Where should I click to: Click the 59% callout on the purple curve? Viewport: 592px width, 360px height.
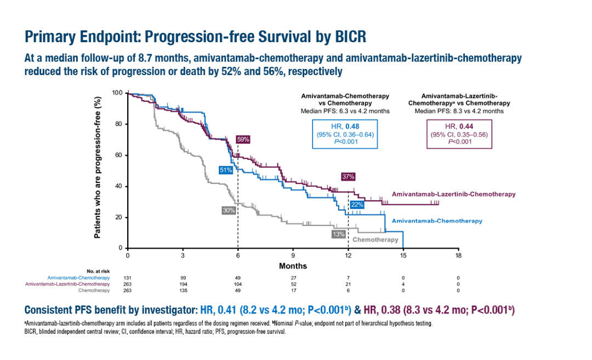coord(243,139)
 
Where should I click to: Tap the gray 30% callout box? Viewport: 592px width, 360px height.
coord(229,210)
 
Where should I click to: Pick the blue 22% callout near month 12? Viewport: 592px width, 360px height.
coord(357,204)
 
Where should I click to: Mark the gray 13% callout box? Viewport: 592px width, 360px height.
coord(338,233)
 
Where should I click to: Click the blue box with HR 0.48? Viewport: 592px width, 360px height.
coord(345,134)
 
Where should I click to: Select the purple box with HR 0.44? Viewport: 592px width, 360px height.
coord(459,134)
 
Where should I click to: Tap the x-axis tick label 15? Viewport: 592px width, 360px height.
coord(403,256)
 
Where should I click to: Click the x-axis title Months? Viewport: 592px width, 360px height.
coord(293,266)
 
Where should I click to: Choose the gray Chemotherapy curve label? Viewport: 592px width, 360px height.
coord(375,239)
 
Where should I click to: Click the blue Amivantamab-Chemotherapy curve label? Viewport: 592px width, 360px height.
coord(437,221)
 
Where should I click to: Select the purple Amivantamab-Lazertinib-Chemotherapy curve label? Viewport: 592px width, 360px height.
coord(453,194)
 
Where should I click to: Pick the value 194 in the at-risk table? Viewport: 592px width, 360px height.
coord(183,284)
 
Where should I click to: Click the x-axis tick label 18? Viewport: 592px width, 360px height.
coord(458,256)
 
